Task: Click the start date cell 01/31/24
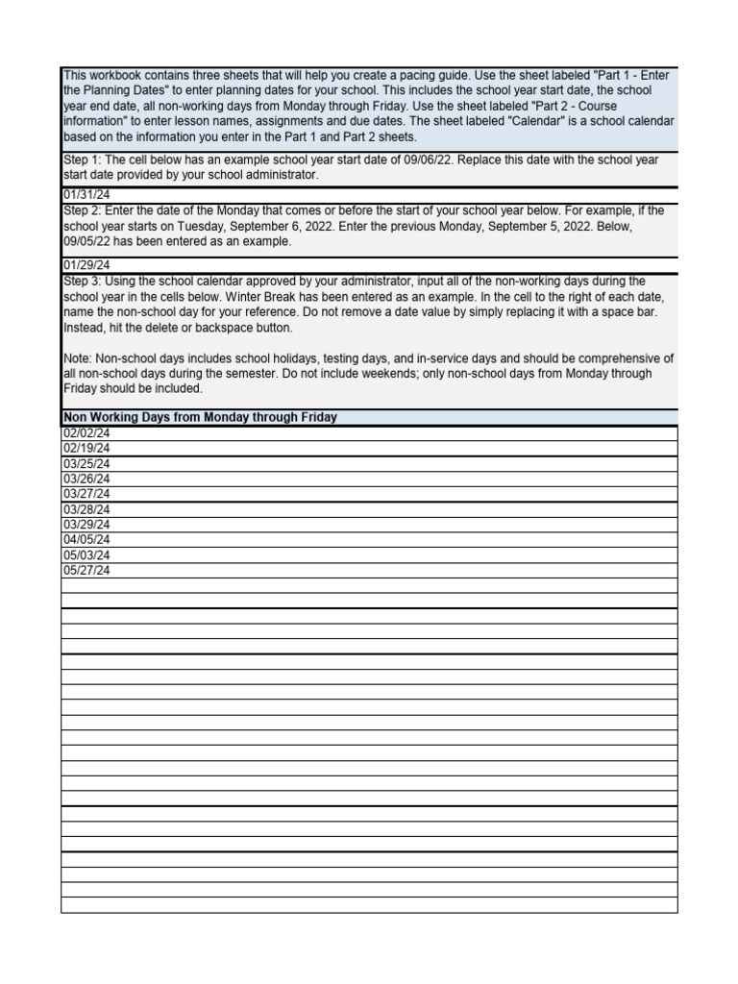(x=86, y=195)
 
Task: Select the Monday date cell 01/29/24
(x=86, y=265)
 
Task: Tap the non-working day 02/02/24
(x=86, y=433)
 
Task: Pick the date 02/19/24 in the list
(x=86, y=448)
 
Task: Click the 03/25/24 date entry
(x=86, y=463)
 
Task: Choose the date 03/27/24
(x=86, y=494)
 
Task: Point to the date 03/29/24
(x=86, y=525)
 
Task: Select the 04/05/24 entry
(x=86, y=540)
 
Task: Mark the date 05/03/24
(x=86, y=555)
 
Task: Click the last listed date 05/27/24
(x=86, y=571)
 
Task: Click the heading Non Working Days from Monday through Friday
(x=200, y=417)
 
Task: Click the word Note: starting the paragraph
(x=78, y=358)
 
